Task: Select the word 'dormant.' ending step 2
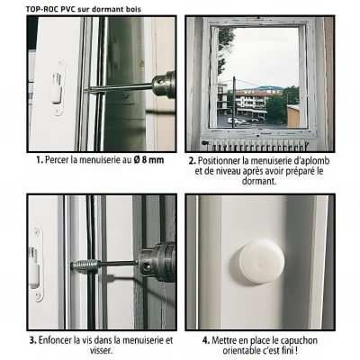click(261, 180)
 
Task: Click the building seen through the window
click(261, 97)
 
